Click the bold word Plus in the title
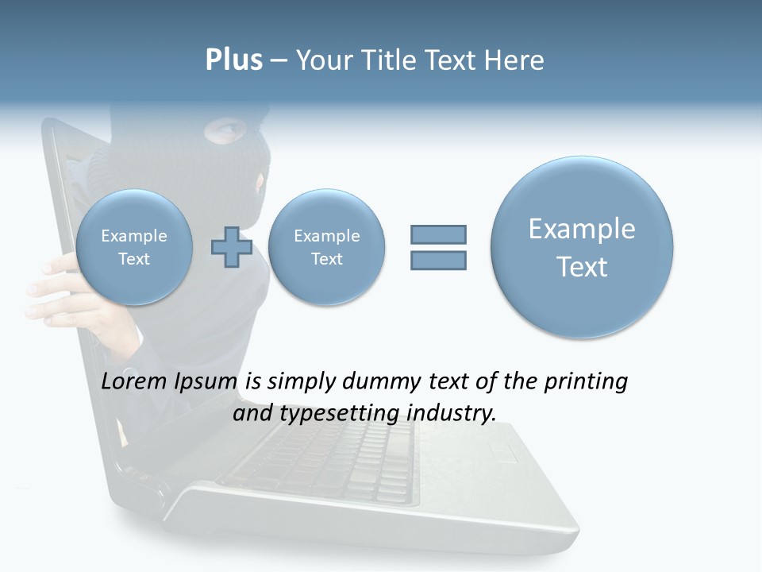233,60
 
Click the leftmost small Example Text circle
133,247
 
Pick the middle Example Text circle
326,247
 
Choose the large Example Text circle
582,247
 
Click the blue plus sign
231,247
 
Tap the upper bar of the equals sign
438,234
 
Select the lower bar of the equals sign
438,260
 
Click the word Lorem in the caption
134,381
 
